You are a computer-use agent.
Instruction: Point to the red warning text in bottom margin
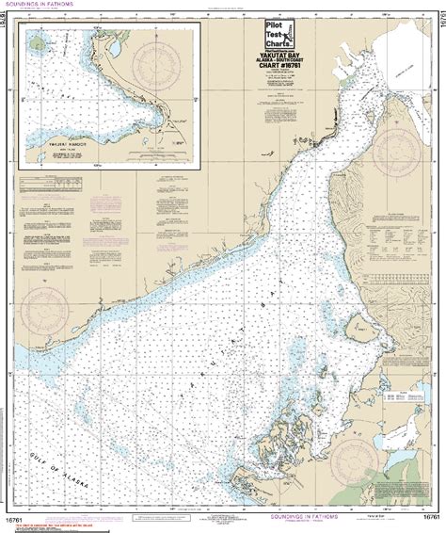56,517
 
